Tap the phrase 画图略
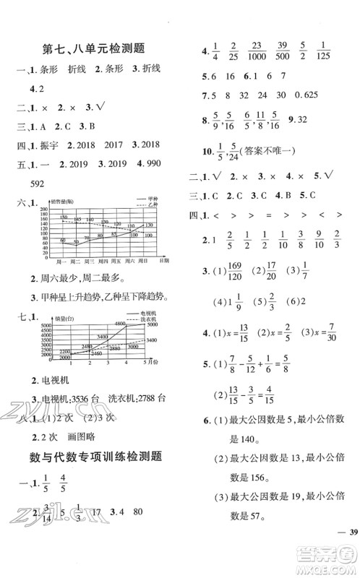point(71,432)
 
